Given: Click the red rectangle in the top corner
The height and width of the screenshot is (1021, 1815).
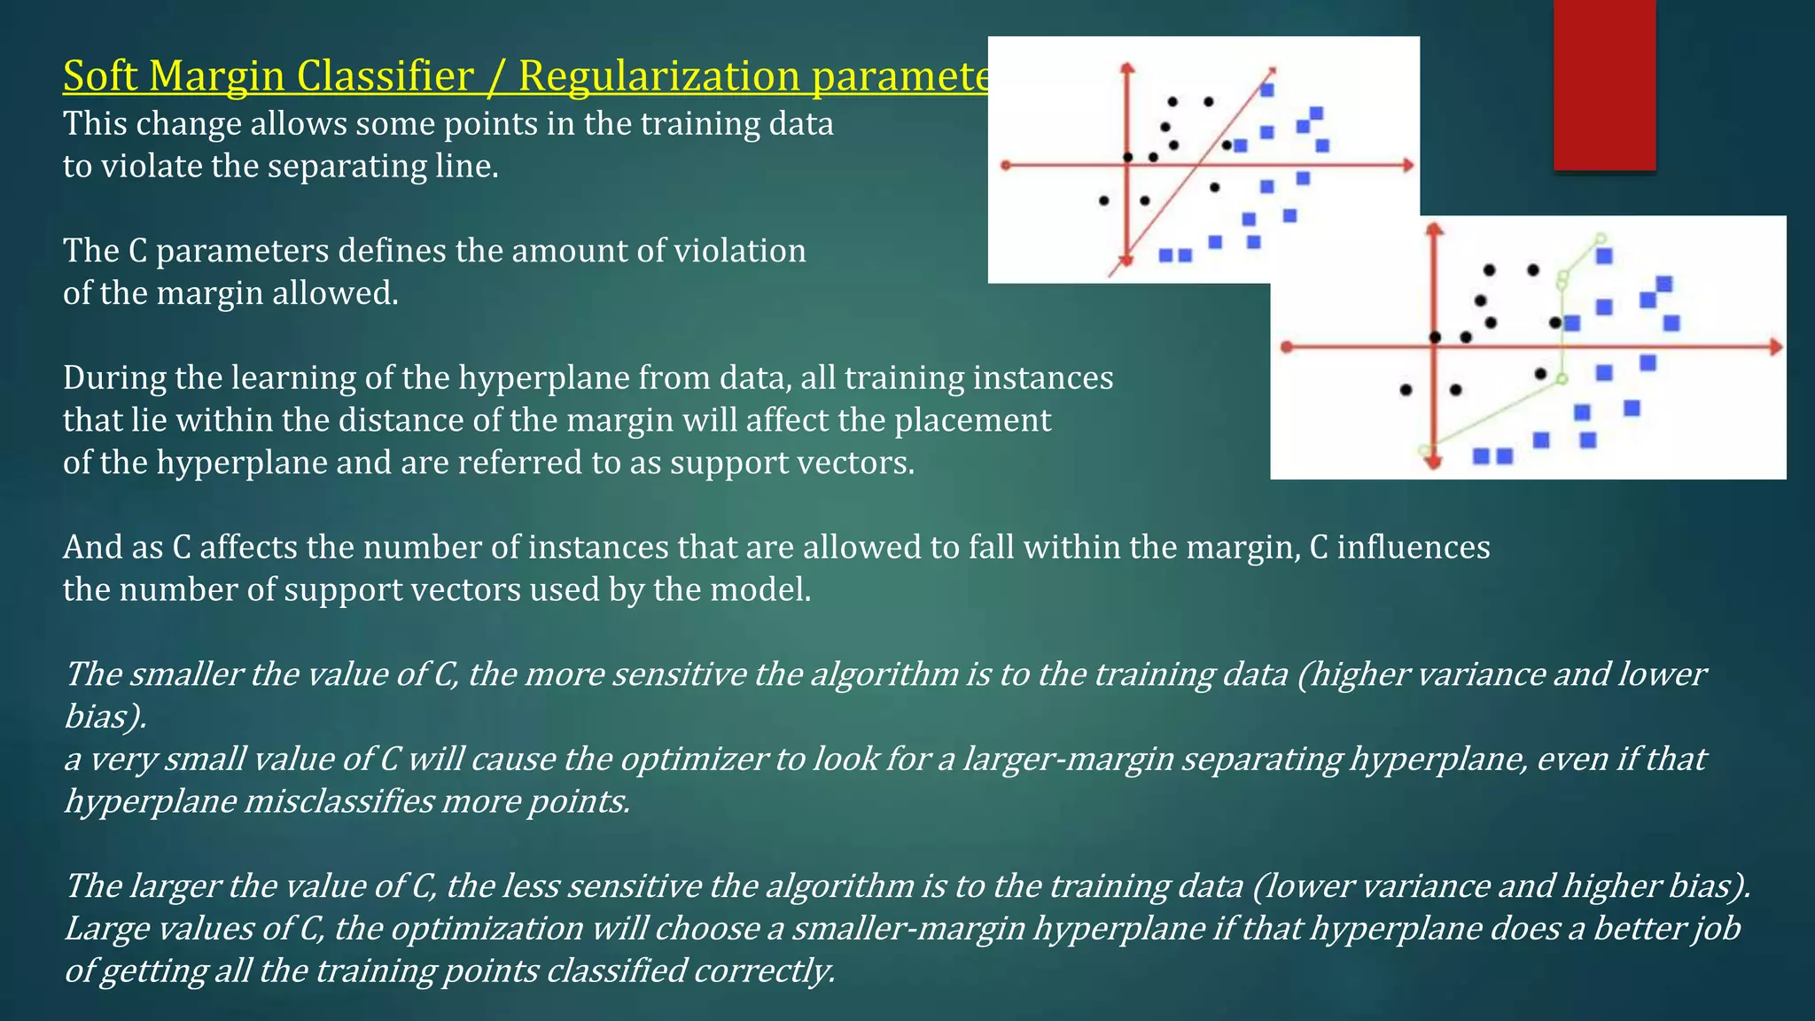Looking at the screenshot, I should click(1604, 84).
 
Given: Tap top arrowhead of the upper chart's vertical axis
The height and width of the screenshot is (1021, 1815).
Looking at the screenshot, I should click(1126, 68).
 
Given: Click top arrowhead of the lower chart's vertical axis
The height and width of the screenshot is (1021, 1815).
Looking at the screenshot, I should click(1435, 230).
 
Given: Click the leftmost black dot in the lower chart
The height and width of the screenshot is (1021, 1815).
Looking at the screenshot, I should click(1406, 390).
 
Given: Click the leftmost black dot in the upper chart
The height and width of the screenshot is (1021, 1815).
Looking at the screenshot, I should click(1103, 200).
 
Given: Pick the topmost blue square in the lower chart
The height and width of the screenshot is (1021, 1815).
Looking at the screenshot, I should click(1604, 256).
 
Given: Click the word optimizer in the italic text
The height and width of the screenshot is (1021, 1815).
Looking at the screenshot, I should click(692, 760).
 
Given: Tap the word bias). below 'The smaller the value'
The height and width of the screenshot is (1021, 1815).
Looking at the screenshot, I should click(105, 717).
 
